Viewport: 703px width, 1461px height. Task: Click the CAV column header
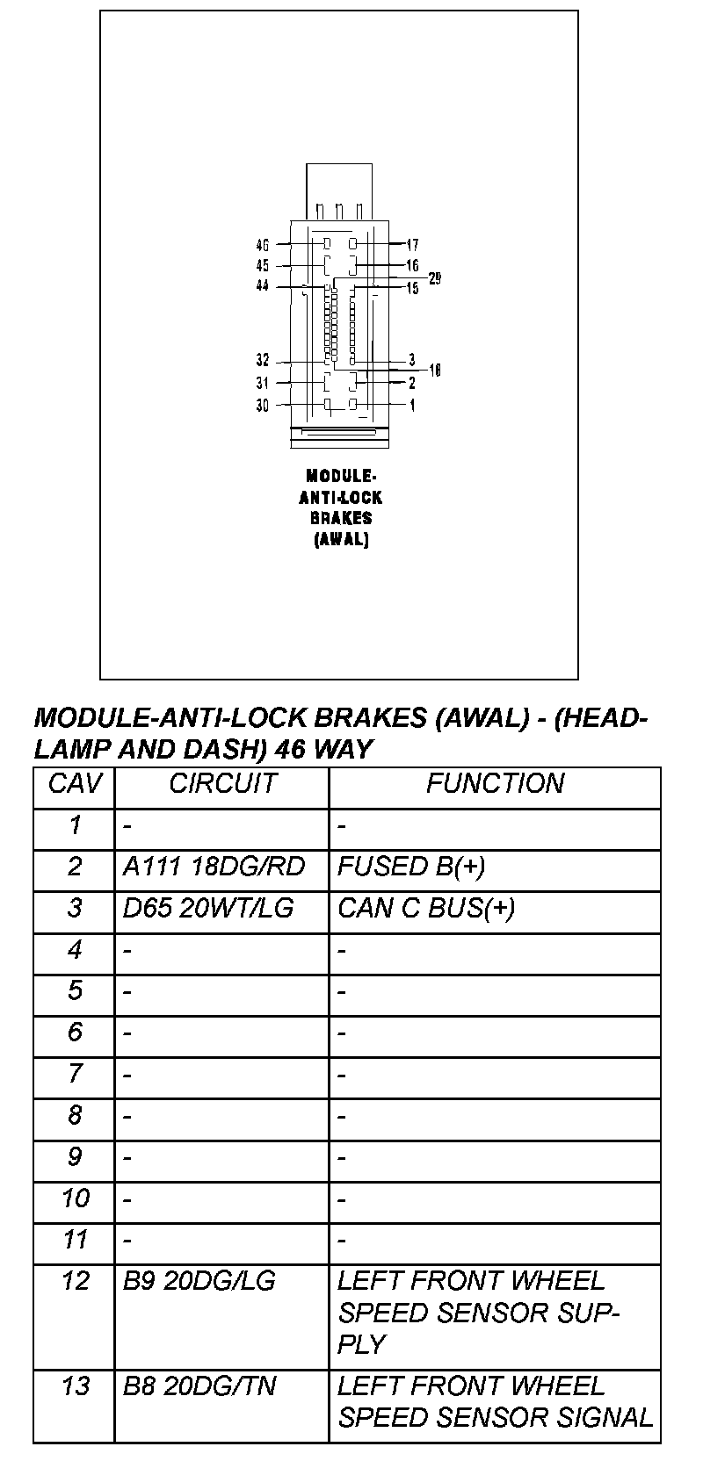pos(75,784)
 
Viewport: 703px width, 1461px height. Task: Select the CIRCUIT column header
pos(222,784)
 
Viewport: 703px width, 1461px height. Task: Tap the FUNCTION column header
pos(495,784)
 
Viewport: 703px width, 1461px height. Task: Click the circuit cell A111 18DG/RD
pos(214,867)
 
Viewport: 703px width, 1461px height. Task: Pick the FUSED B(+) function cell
pos(410,867)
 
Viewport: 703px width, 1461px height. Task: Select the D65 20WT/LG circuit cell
pos(208,908)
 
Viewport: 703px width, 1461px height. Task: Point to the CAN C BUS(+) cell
pos(426,908)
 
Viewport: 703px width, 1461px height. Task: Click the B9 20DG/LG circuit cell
pos(199,1282)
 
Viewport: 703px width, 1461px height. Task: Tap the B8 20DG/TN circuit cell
pos(199,1386)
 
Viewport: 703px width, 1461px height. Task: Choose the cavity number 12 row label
pos(76,1282)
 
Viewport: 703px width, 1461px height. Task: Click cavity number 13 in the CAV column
pos(76,1386)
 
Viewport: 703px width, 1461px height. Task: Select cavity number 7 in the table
pos(75,1074)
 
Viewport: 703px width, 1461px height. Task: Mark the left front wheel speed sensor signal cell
pos(495,1402)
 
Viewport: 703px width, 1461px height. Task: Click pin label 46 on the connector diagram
pos(263,245)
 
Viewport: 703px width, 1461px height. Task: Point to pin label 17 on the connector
pos(412,245)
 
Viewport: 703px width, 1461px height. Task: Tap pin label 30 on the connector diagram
pos(263,406)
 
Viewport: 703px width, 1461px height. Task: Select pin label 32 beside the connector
pos(263,361)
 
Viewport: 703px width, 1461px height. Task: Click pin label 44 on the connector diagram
pos(263,286)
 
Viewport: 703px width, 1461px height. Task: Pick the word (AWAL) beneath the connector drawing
pos(341,540)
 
